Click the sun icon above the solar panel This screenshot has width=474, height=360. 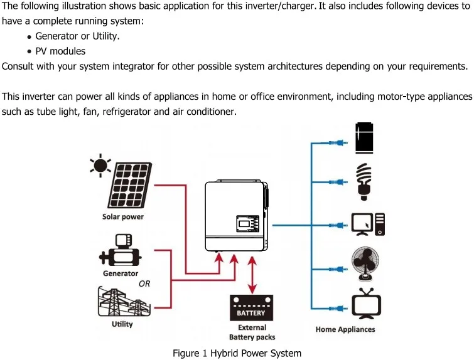(x=100, y=166)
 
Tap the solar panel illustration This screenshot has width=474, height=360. (x=130, y=186)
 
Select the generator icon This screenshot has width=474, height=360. (x=120, y=250)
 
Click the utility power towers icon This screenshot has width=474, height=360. (x=124, y=302)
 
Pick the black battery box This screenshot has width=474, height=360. (x=252, y=308)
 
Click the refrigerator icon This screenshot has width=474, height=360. (x=364, y=138)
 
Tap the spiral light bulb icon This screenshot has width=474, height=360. (x=364, y=182)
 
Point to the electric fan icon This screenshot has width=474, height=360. (x=365, y=263)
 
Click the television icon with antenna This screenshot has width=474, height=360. (x=367, y=304)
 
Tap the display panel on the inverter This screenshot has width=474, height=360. (x=247, y=224)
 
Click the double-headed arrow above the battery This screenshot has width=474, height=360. (x=252, y=275)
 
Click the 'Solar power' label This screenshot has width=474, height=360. (x=122, y=217)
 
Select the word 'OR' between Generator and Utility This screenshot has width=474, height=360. (x=144, y=283)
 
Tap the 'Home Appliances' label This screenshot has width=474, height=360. (x=345, y=329)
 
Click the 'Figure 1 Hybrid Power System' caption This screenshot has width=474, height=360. (x=237, y=353)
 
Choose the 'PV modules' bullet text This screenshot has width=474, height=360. (x=60, y=51)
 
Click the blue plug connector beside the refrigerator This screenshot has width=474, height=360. (x=338, y=142)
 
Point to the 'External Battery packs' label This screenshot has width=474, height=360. (x=252, y=332)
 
